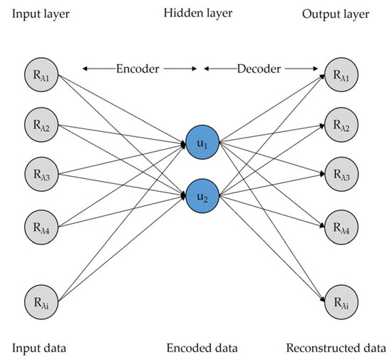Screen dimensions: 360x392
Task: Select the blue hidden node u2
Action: pyautogui.click(x=202, y=193)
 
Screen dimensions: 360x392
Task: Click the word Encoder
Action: pyautogui.click(x=139, y=68)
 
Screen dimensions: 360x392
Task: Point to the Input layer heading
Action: pyautogui.click(x=43, y=14)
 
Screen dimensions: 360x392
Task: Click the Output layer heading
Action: pyautogui.click(x=340, y=14)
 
